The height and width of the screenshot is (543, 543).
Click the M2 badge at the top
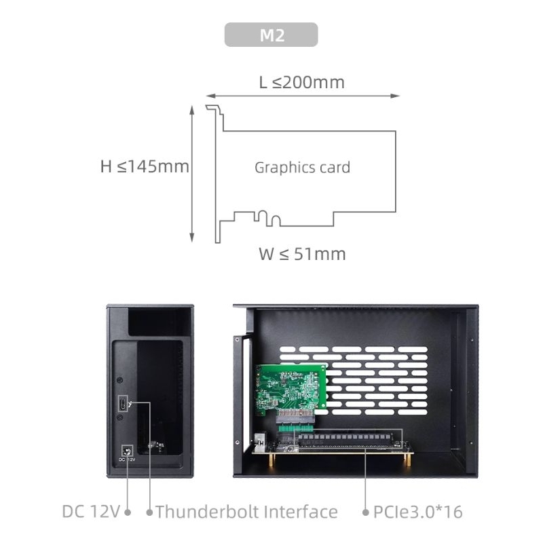point(271,35)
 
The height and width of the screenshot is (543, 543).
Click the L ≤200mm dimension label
point(301,83)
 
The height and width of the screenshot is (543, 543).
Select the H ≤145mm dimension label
point(145,166)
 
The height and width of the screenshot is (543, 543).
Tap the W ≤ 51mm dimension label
point(302,255)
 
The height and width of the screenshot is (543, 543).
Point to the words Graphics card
point(302,168)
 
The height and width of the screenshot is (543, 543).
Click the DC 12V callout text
point(92,512)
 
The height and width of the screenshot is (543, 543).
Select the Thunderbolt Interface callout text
point(246,512)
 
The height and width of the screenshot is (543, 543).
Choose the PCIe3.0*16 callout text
point(418,512)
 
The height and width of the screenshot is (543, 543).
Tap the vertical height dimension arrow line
point(192,173)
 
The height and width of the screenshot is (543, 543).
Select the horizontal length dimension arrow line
point(303,96)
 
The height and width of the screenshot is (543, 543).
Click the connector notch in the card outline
point(268,219)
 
